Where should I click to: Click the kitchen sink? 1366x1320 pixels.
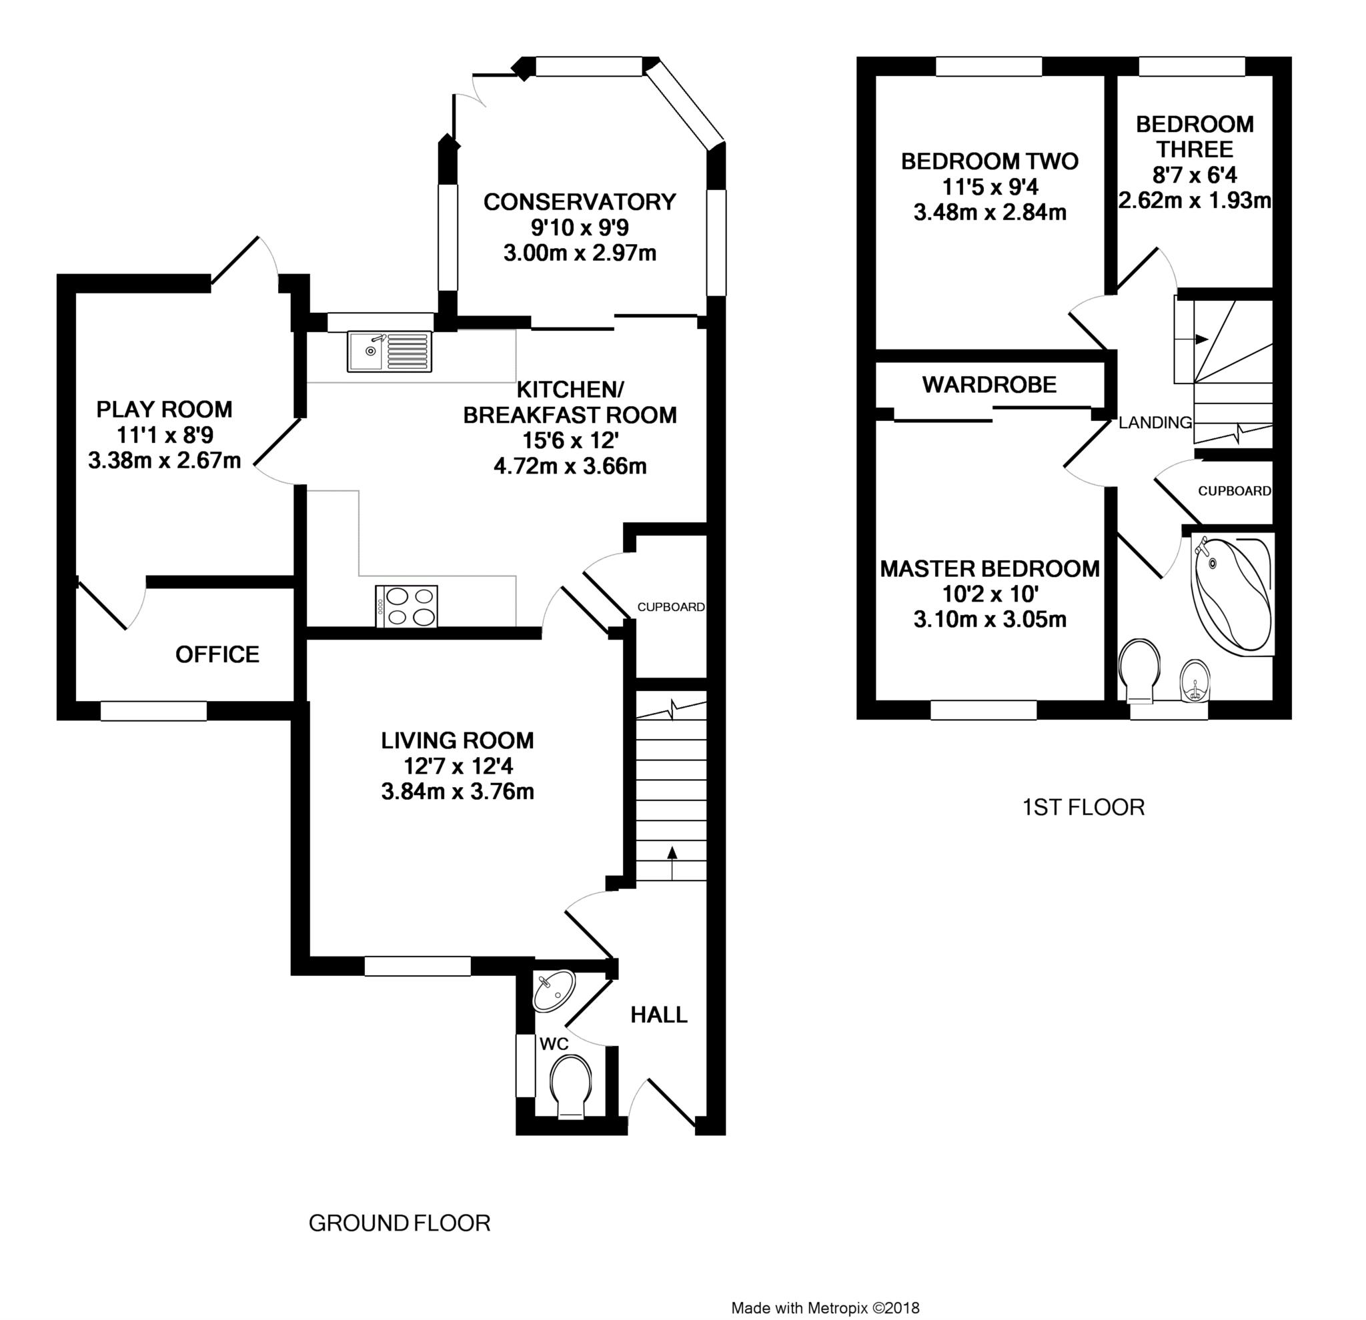pos(389,352)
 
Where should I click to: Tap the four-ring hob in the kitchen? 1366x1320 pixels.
pos(406,606)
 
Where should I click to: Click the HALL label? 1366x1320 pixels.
pos(658,1015)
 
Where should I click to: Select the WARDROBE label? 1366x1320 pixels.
pos(989,385)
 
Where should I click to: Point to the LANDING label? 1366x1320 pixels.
pos(1155,422)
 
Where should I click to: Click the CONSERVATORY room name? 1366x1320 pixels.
pos(579,202)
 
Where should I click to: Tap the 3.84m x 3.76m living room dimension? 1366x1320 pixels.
pos(457,792)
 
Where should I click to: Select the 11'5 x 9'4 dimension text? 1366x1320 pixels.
pos(990,187)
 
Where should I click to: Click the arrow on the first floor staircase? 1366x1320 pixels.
pos(1201,340)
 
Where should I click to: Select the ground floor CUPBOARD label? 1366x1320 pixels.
pos(670,607)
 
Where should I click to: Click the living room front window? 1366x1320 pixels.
pos(418,966)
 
